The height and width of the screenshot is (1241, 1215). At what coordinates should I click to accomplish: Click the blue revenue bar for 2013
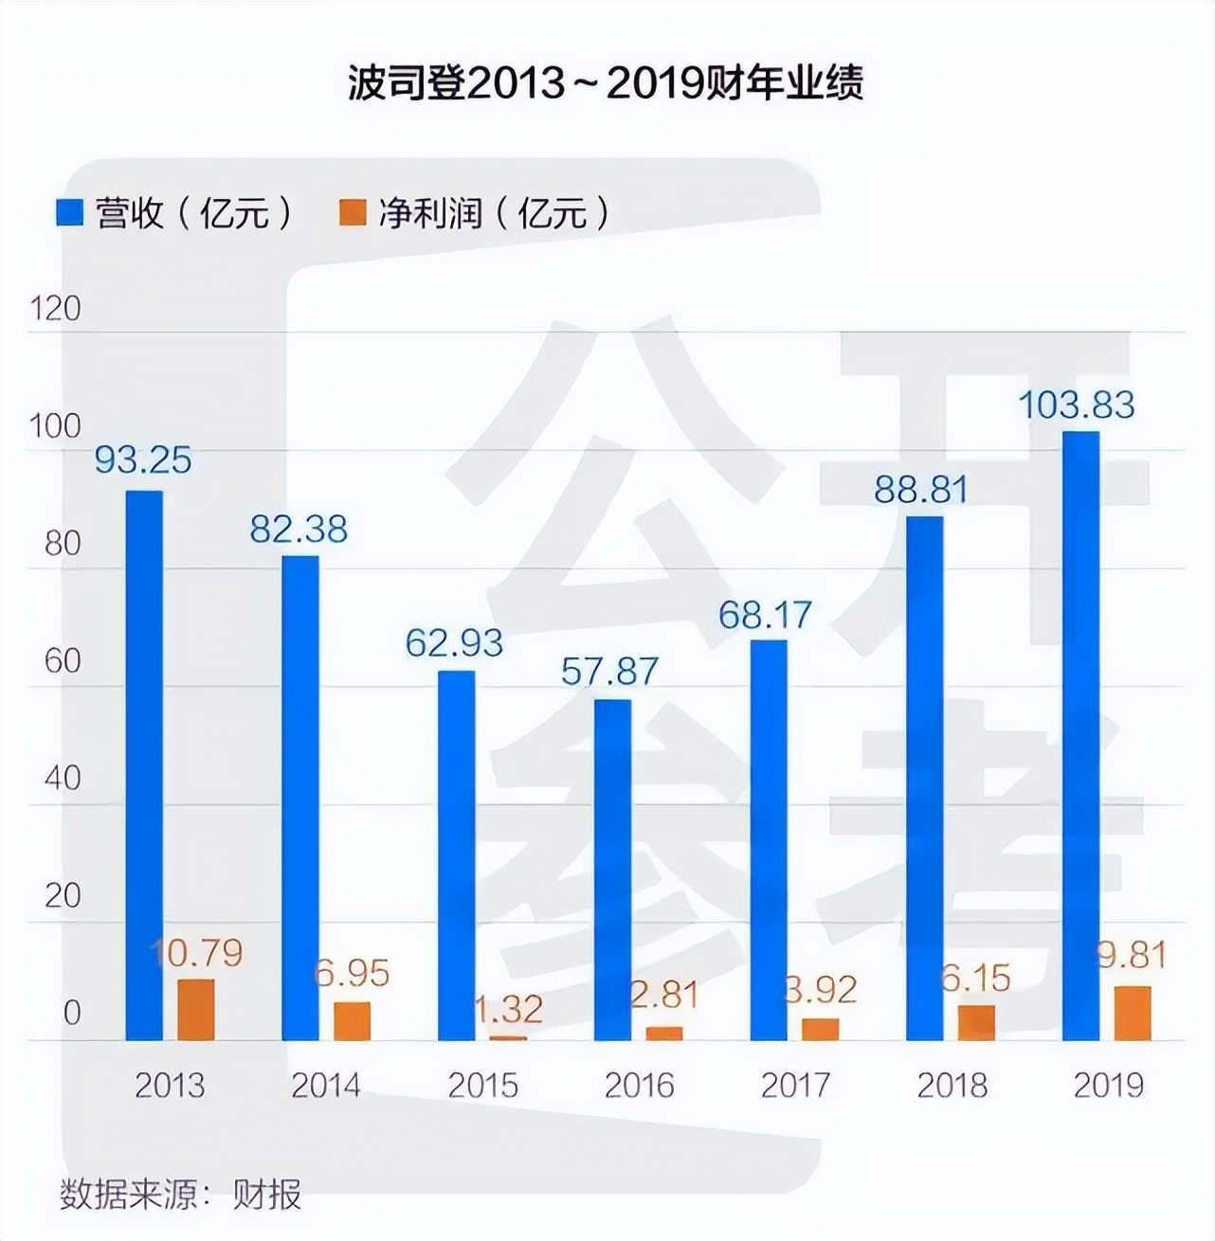(144, 765)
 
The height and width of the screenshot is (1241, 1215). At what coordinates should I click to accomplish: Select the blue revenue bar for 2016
(612, 870)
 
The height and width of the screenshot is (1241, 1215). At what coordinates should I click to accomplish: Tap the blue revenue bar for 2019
(1080, 735)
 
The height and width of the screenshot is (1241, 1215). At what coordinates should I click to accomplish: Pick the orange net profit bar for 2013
(196, 1010)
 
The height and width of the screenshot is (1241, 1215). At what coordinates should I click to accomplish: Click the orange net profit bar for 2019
(1133, 1013)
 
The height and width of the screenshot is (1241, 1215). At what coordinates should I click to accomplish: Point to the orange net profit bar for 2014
(352, 1021)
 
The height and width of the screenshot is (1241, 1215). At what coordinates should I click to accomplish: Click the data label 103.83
(1076, 405)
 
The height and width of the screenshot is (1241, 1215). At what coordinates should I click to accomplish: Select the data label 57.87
(609, 672)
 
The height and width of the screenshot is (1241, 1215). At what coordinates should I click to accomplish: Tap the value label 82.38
(299, 529)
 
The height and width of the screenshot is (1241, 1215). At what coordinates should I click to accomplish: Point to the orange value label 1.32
(508, 1010)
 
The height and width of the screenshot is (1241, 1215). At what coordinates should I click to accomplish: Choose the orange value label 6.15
(976, 979)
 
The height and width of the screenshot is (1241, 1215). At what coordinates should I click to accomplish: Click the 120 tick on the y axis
(56, 309)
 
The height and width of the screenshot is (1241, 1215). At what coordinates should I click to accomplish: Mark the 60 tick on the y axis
(63, 661)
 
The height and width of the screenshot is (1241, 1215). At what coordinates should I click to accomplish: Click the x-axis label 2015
(482, 1085)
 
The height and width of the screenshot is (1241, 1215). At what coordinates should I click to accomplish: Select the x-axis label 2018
(952, 1085)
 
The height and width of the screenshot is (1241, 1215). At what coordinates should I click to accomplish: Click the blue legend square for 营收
(71, 212)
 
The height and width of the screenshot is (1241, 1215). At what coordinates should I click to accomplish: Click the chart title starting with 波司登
(606, 84)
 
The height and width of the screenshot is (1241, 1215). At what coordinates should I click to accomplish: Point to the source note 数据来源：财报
(180, 1194)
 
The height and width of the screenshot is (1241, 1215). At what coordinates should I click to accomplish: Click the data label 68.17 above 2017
(765, 615)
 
